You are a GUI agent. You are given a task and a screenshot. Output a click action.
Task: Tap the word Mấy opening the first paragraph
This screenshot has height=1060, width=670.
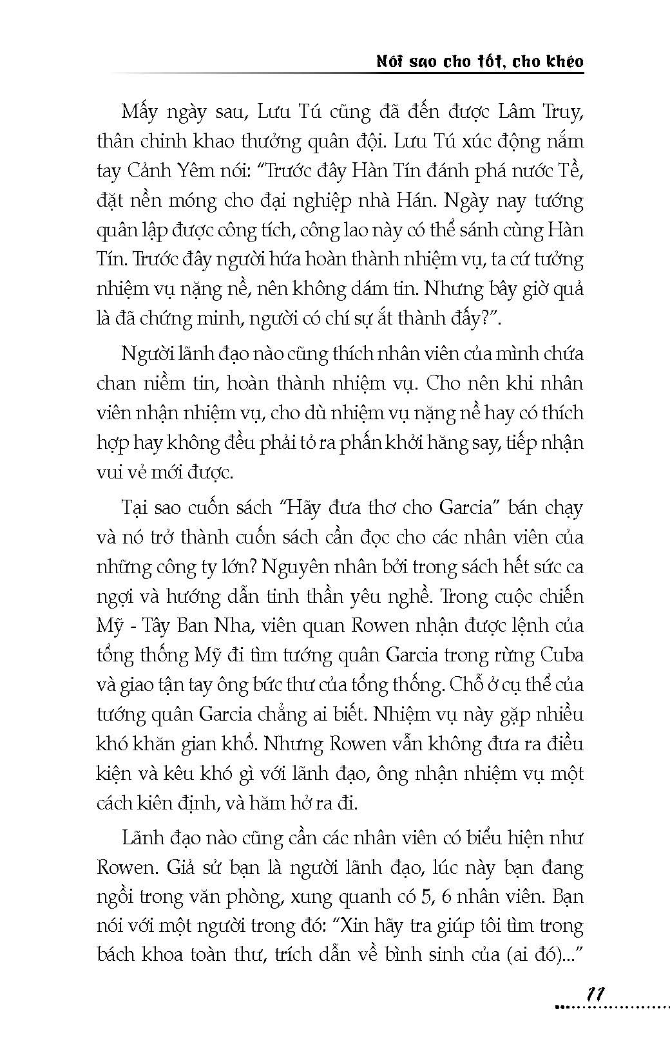pos(140,112)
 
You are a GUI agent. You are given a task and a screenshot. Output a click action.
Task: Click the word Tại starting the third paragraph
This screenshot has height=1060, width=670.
pos(136,507)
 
